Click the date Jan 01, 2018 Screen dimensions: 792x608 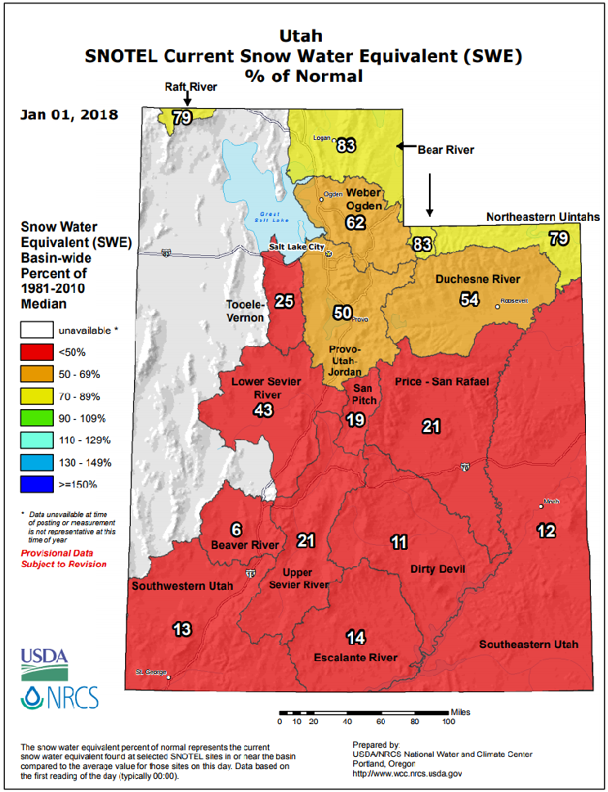(69, 115)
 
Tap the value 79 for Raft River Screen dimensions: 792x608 (181, 118)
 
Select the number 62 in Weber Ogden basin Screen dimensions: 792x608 (355, 222)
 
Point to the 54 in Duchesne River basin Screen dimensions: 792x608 (469, 299)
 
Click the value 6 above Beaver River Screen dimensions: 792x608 (237, 529)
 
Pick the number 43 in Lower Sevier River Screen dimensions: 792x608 (263, 410)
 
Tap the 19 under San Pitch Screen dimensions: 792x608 (354, 420)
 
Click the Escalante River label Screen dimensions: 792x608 (355, 657)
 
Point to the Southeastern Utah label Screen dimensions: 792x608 (528, 644)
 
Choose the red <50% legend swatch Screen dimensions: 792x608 (34, 352)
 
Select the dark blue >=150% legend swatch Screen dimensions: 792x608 (34, 484)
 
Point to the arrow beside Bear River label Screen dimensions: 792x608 (405, 146)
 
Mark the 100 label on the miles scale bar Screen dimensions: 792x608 (448, 721)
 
